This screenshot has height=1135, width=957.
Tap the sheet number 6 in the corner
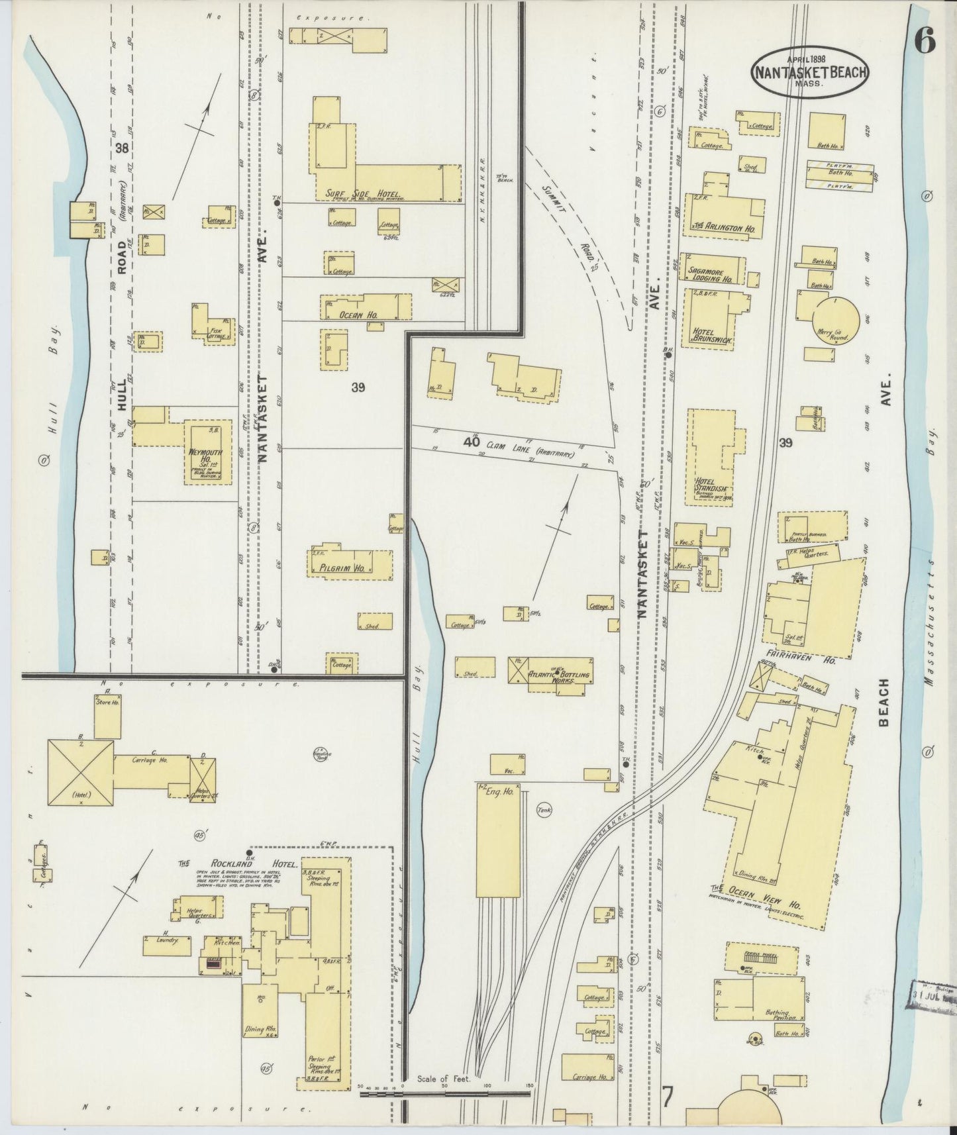pyautogui.click(x=925, y=42)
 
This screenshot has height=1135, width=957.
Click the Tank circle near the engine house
pyautogui.click(x=545, y=809)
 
